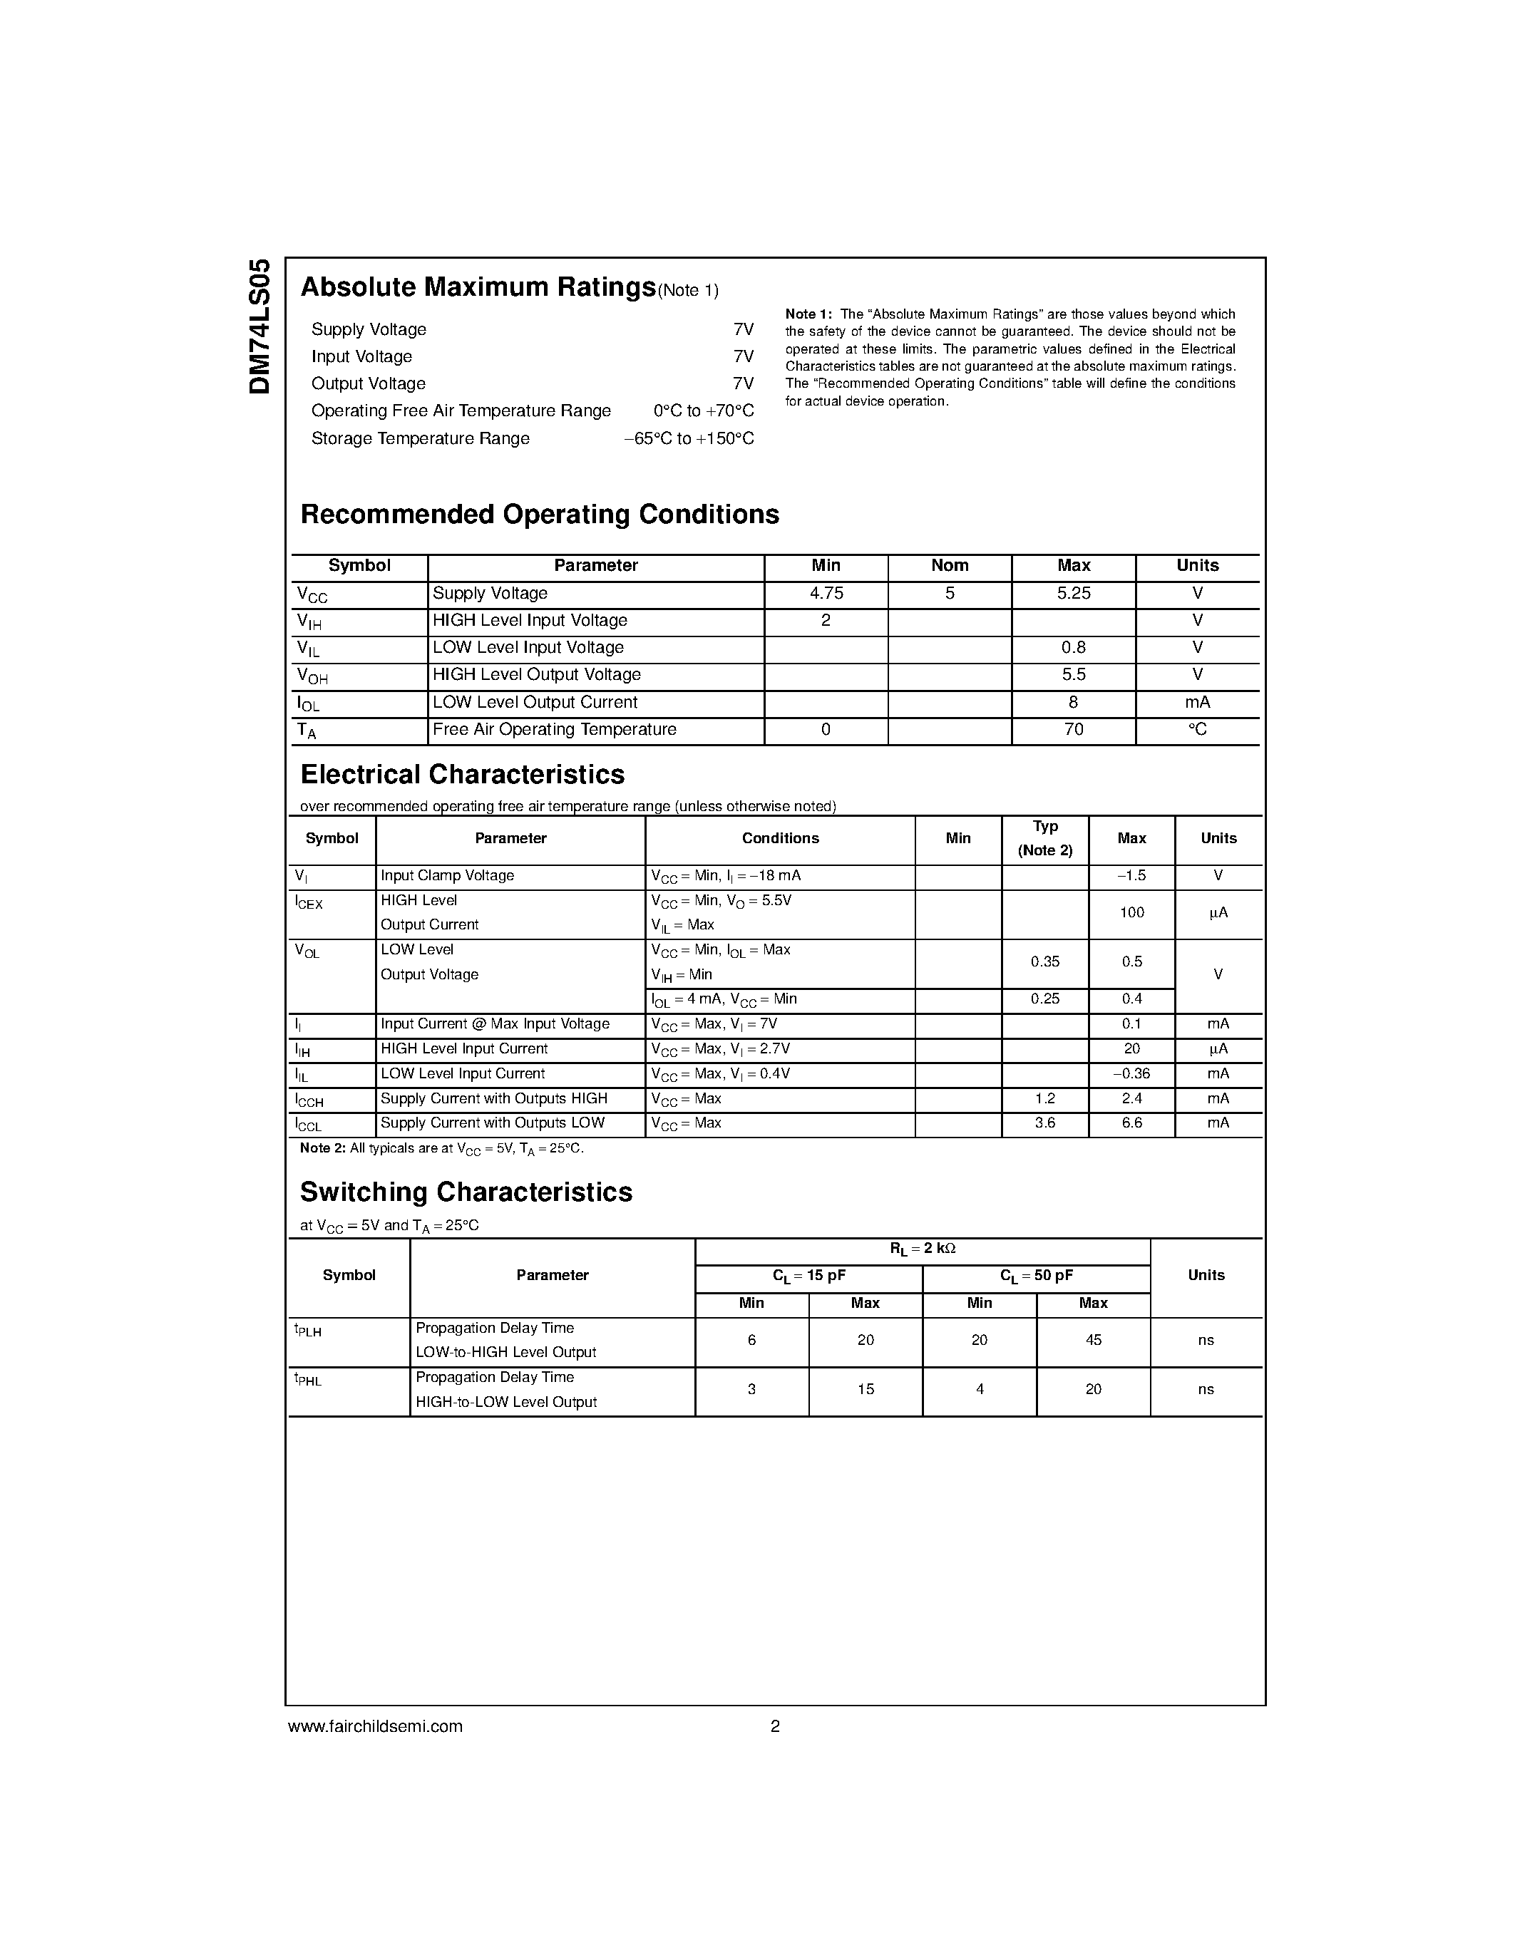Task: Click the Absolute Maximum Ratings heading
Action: coord(478,287)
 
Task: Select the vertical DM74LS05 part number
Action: coord(260,326)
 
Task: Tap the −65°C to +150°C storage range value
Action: coord(689,439)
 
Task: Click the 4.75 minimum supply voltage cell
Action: coord(826,593)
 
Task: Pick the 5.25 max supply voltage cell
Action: coord(1074,593)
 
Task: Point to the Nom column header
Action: coord(950,565)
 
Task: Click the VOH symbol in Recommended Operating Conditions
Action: coord(312,676)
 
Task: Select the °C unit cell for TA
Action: coord(1197,730)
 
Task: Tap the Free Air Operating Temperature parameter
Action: coord(554,730)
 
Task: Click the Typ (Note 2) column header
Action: coord(1044,838)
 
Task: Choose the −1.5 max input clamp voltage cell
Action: coord(1131,876)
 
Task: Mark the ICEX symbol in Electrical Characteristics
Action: coord(309,903)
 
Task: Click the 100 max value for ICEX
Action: coord(1131,913)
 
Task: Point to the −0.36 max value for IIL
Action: coord(1131,1074)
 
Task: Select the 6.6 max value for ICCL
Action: coord(1131,1123)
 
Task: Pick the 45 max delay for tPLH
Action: coord(1092,1340)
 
